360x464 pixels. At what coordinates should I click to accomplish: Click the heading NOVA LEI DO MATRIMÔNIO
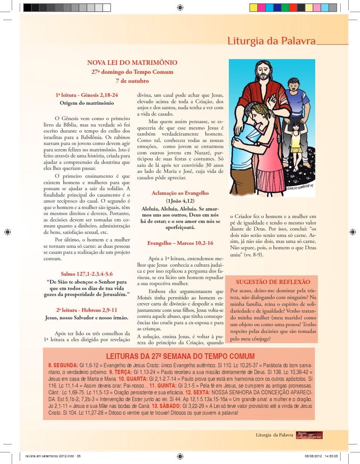(x=132, y=63)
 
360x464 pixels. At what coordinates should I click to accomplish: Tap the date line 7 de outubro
(x=132, y=81)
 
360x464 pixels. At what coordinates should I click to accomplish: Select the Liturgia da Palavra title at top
(x=271, y=41)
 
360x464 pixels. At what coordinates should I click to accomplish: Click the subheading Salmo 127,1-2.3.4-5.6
(x=87, y=274)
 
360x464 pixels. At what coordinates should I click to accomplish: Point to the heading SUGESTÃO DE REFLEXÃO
(x=273, y=282)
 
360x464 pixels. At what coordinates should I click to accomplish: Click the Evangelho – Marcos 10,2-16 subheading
(x=180, y=243)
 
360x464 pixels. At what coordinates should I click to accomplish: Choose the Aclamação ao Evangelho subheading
(x=180, y=193)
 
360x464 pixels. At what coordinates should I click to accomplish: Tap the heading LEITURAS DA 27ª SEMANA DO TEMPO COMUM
(x=180, y=356)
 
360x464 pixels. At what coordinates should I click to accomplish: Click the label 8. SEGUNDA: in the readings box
(x=63, y=365)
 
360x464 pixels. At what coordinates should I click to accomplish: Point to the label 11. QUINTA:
(x=163, y=386)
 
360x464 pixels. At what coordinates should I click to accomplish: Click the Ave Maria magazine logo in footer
(x=309, y=435)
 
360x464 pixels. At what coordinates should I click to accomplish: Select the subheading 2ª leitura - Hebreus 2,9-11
(x=87, y=310)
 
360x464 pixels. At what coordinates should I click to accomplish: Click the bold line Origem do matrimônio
(x=87, y=102)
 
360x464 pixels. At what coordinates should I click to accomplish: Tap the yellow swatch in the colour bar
(x=253, y=7)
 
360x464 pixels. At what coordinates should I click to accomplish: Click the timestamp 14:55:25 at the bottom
(x=330, y=456)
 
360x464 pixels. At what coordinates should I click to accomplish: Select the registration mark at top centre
(x=180, y=7)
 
